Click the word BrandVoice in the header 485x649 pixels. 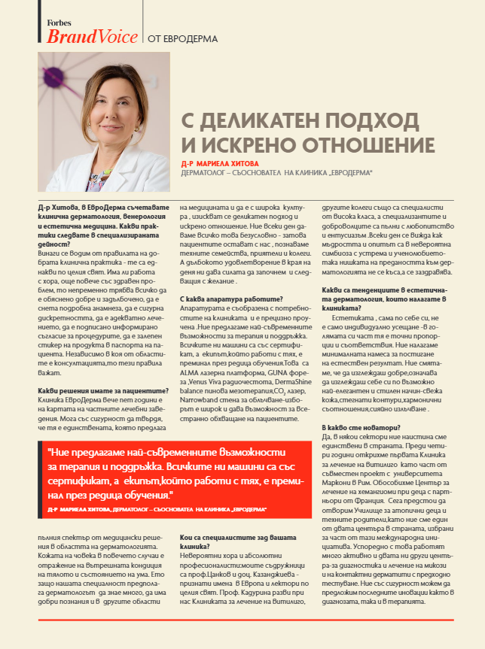tap(92, 36)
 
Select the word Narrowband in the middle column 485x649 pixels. tap(199, 391)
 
